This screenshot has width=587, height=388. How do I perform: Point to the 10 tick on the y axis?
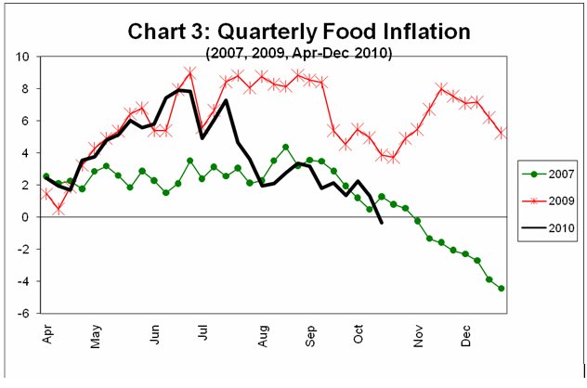(27, 57)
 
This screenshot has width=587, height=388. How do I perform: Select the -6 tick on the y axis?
(28, 314)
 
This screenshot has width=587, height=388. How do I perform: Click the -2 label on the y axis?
(28, 250)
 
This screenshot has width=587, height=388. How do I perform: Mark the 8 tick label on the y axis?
(30, 89)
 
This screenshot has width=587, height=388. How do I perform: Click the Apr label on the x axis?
(46, 334)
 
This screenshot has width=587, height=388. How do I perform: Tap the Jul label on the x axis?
(202, 333)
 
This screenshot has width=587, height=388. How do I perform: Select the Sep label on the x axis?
(309, 334)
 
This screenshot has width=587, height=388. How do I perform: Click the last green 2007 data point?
(502, 289)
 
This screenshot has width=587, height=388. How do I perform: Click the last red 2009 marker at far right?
(502, 133)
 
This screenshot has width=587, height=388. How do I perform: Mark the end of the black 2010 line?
(382, 223)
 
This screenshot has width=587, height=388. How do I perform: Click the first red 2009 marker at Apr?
(46, 194)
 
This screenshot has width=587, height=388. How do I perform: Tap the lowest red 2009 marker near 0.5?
(59, 210)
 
